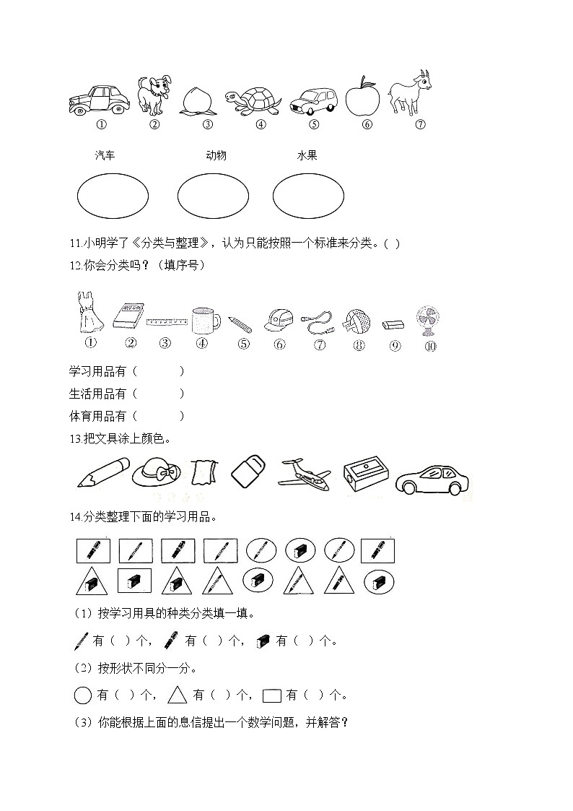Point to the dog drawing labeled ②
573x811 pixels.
point(154,95)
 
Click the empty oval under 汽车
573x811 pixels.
point(113,195)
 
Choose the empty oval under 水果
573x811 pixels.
point(309,195)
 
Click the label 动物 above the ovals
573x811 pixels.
point(216,155)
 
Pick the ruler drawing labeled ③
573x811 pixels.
point(166,322)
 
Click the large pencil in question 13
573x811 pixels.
point(102,472)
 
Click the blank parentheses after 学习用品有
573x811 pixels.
point(158,371)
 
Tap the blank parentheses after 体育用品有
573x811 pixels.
point(158,416)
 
